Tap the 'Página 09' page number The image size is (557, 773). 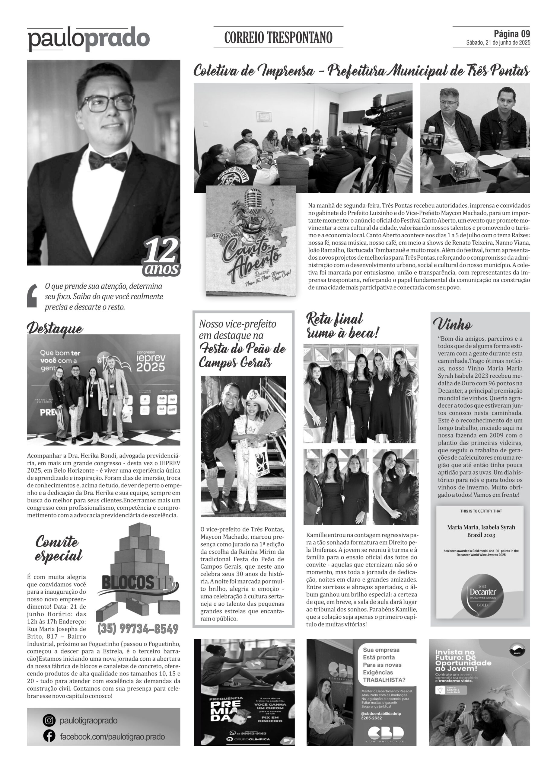512,34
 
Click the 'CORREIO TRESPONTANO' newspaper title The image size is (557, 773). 278,37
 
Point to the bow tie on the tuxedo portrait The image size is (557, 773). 108,160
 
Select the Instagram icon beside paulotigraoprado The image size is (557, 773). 49,720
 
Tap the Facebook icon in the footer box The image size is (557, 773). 49,736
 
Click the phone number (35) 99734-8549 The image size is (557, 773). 138,628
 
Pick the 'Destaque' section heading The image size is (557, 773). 55,328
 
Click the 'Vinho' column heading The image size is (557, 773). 452,324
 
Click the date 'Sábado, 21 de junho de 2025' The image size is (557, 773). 498,43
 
